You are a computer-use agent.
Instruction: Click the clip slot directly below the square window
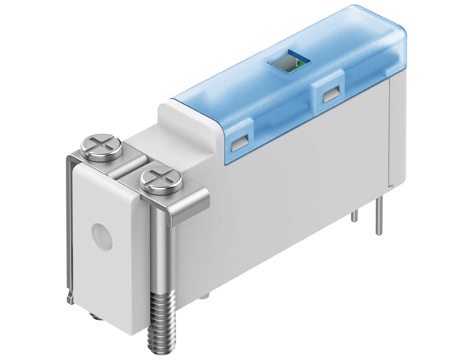click(x=331, y=95)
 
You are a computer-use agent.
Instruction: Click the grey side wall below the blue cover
click(x=298, y=199)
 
